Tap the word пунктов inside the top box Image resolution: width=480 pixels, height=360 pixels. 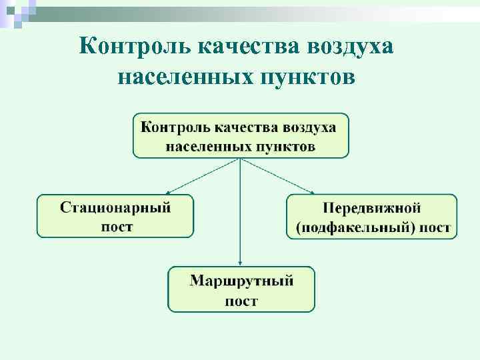[x=283, y=145]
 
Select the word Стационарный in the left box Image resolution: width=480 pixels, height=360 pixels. [x=116, y=207]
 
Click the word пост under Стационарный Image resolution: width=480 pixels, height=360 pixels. [x=117, y=226]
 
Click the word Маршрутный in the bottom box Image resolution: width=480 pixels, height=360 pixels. [x=241, y=280]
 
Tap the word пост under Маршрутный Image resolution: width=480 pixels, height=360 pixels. [x=241, y=301]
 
